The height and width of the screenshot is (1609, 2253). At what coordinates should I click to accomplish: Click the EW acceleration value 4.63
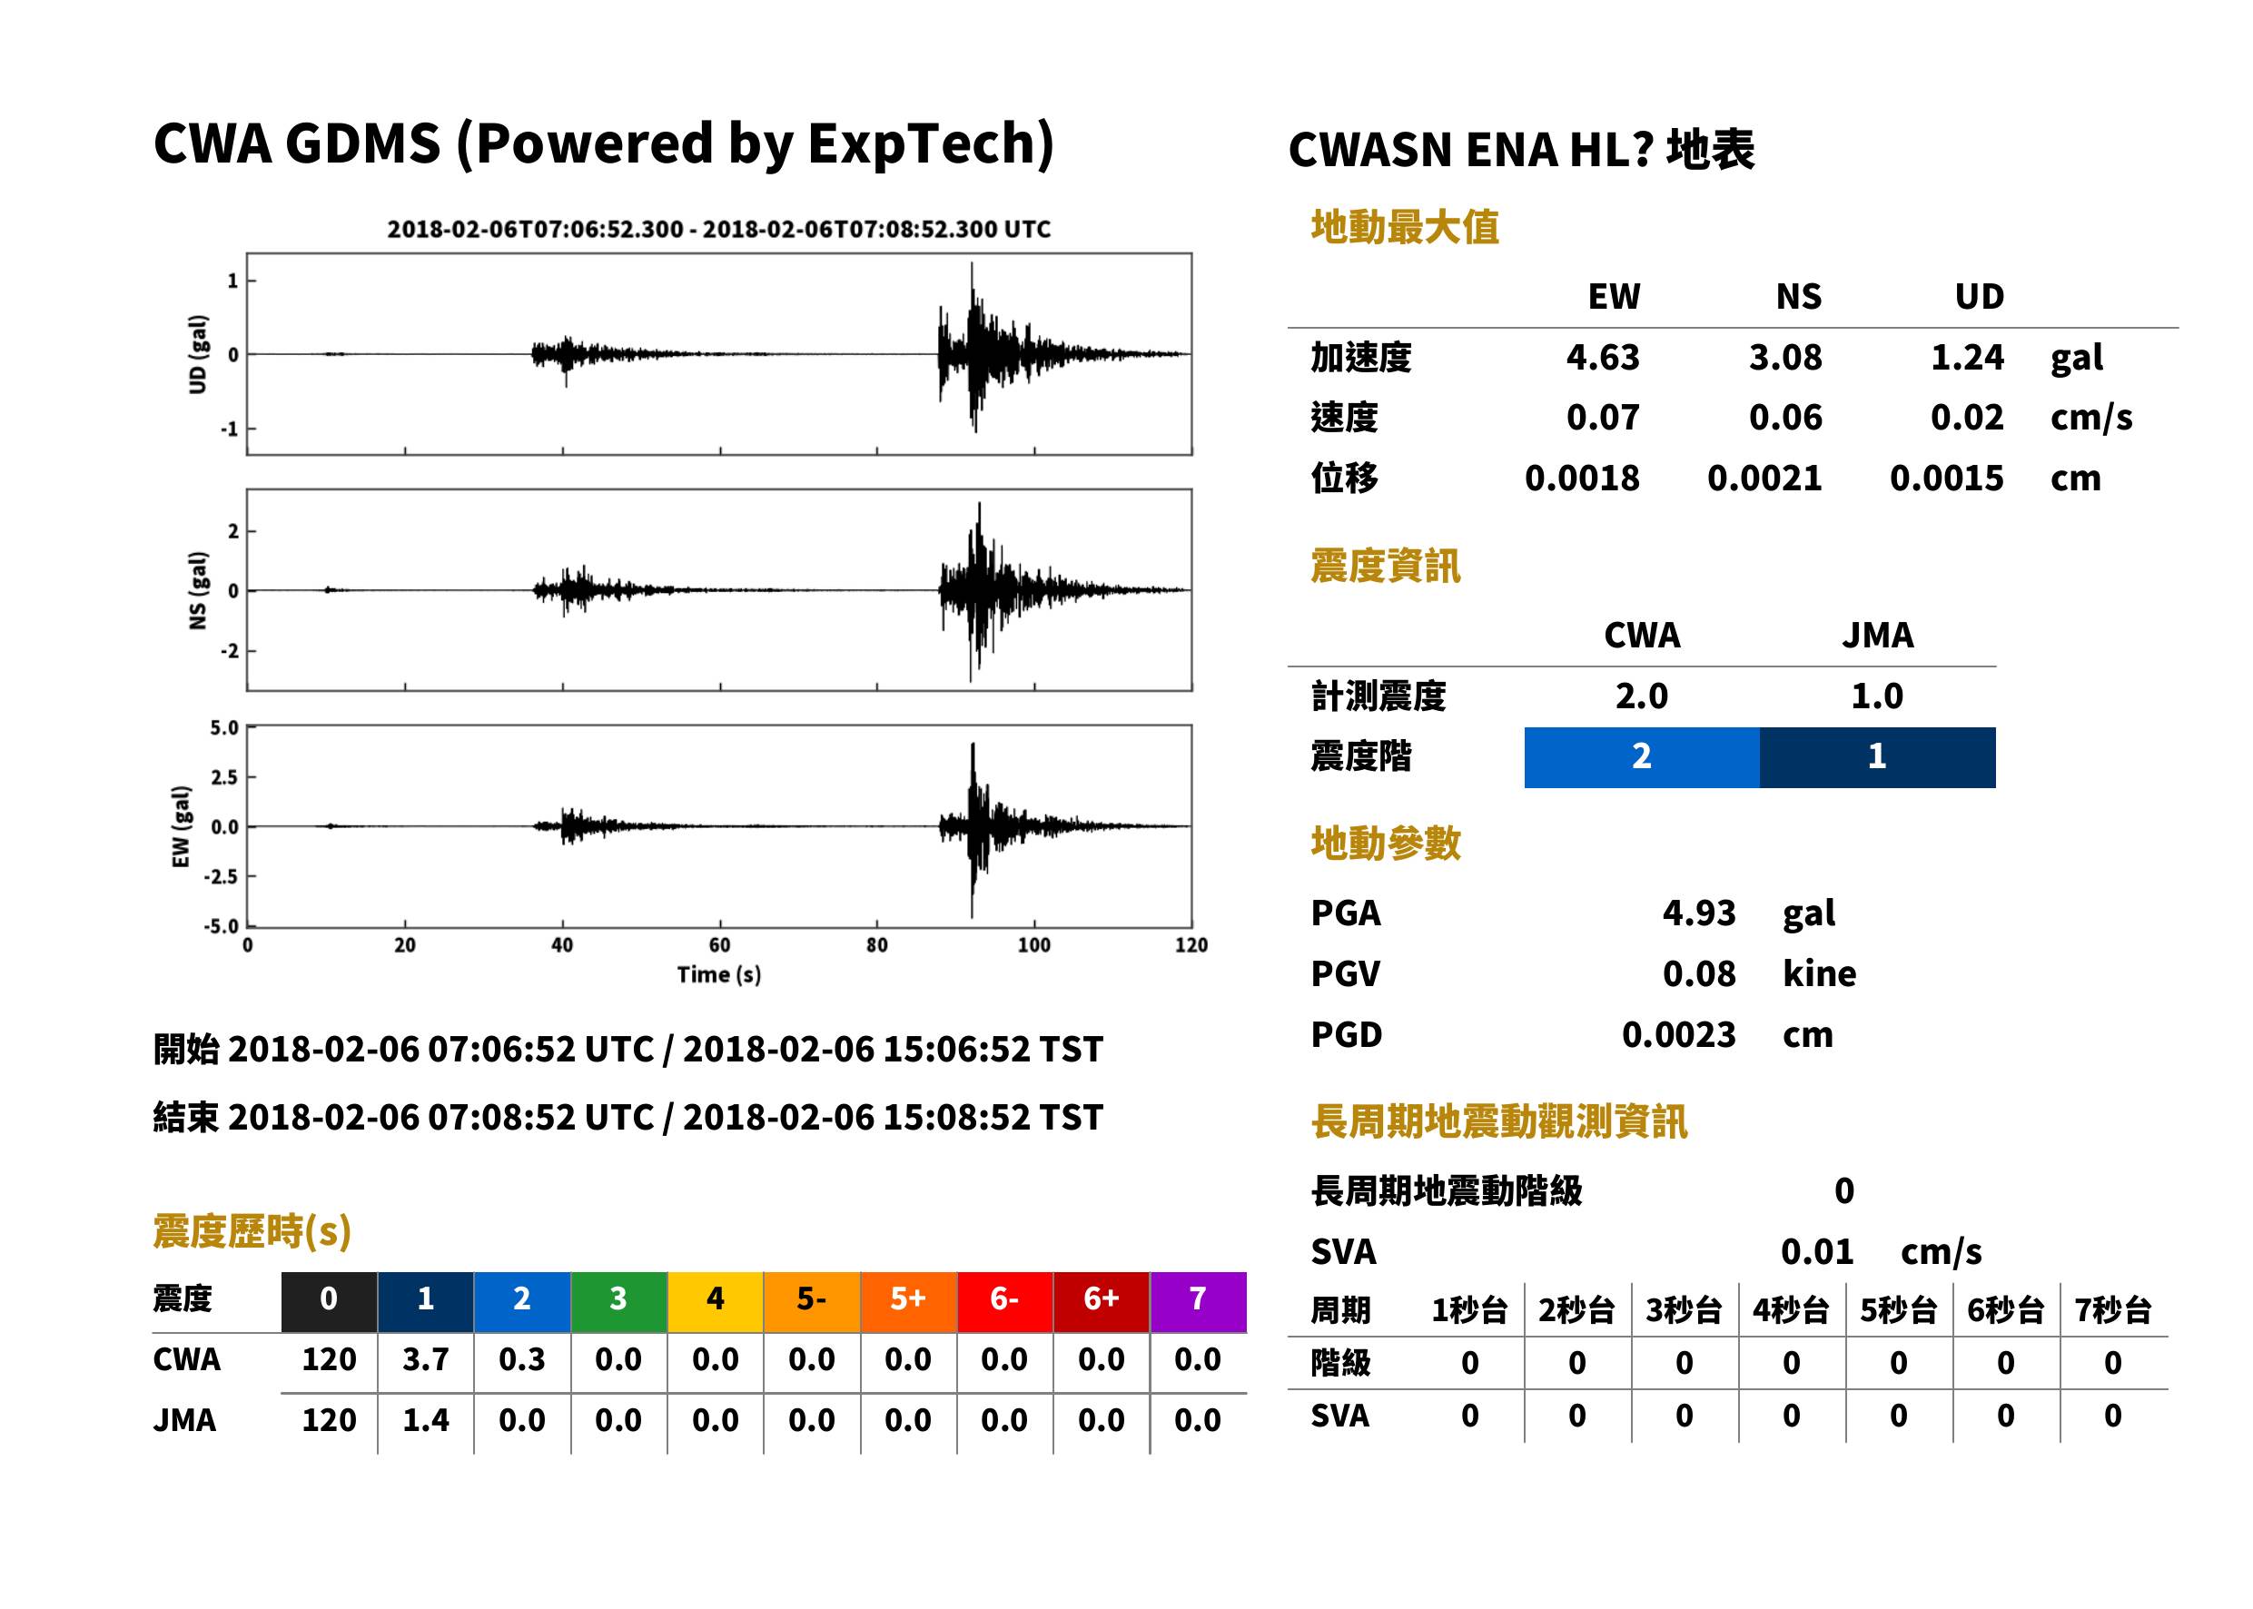[x=1602, y=358]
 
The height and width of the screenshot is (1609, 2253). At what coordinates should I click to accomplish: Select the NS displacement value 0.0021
[x=1764, y=479]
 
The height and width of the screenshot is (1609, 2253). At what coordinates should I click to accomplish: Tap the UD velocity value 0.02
[x=1967, y=418]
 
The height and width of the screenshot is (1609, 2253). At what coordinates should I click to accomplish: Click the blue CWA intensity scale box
[x=1641, y=757]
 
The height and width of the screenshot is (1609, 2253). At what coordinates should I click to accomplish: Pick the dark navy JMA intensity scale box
[x=1878, y=757]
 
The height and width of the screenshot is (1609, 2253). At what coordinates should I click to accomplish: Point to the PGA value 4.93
[x=1698, y=913]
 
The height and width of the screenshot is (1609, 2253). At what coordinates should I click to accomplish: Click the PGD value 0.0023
[x=1678, y=1034]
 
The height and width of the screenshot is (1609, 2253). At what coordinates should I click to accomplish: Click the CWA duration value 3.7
[x=425, y=1359]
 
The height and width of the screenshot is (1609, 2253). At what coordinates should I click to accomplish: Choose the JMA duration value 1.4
[x=425, y=1420]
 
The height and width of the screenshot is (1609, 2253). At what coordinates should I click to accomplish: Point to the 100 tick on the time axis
[x=1033, y=945]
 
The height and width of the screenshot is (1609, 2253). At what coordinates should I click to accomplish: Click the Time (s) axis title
[x=719, y=975]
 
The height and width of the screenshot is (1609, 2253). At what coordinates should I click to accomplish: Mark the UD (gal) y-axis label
[x=198, y=355]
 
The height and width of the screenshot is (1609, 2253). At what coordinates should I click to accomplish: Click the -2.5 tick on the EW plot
[x=221, y=877]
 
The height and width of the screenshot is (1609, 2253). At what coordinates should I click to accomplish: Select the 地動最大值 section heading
[x=1404, y=227]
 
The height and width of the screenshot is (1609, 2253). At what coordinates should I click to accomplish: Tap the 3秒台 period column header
[x=1684, y=1309]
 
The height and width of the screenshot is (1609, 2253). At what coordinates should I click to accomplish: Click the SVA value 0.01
[x=1816, y=1251]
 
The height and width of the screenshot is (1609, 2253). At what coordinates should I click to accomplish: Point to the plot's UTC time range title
[x=718, y=229]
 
